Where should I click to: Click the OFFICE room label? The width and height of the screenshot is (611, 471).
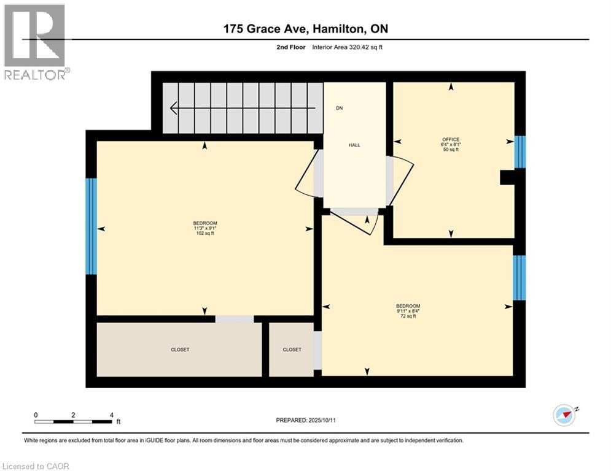451,139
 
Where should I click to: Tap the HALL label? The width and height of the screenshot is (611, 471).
354,145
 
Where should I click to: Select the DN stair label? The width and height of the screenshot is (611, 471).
340,108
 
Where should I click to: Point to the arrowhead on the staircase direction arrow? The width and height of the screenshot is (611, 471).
174,108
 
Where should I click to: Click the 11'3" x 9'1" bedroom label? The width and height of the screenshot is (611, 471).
205,228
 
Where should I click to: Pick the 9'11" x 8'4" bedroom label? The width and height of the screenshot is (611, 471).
408,311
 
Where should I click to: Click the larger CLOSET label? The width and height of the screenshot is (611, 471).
180,350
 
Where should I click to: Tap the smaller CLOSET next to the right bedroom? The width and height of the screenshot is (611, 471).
292,350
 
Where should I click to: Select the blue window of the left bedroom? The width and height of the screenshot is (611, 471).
91,226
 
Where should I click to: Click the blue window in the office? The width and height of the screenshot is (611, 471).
520,152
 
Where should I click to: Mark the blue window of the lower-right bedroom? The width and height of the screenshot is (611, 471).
519,278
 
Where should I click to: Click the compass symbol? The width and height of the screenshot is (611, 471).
564,415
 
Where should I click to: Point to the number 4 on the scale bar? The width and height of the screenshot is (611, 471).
111,415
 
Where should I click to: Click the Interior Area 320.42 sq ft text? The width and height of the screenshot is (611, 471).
347,47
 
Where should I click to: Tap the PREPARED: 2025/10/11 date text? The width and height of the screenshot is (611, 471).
306,420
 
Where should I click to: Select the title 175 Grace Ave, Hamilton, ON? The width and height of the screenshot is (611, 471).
306,29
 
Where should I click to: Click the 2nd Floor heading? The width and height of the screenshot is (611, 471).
290,47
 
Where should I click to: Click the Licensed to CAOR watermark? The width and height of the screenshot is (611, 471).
36,466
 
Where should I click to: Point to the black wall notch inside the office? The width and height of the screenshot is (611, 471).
507,177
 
